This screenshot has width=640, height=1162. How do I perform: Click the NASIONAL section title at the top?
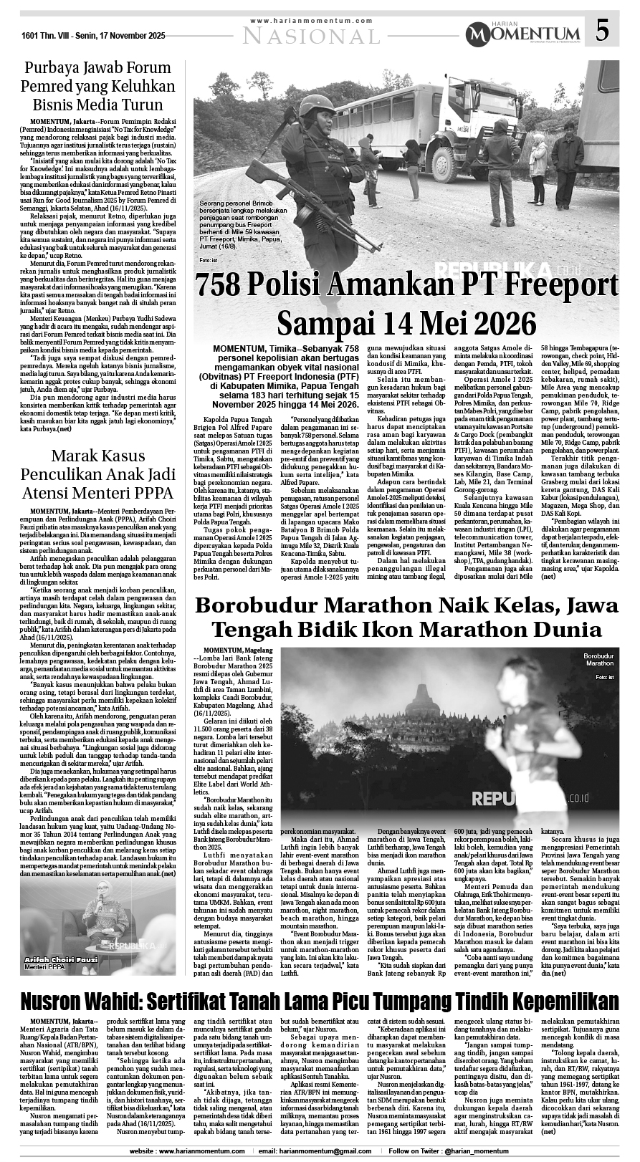tap(311, 35)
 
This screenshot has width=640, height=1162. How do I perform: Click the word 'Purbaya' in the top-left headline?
tap(52, 68)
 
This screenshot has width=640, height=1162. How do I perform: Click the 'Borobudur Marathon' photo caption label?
tap(598, 660)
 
